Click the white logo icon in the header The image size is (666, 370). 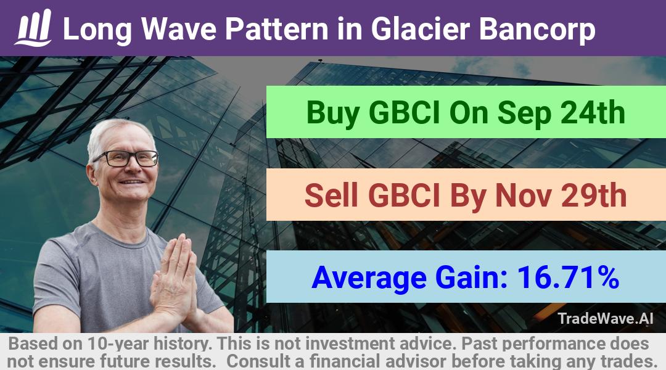[x=33, y=28]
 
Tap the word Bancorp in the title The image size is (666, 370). [x=537, y=30]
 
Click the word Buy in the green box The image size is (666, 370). [x=332, y=113]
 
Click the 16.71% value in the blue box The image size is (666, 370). [x=568, y=277]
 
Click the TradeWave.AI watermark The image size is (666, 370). [x=606, y=318]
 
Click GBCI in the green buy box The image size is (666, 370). [x=404, y=113]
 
